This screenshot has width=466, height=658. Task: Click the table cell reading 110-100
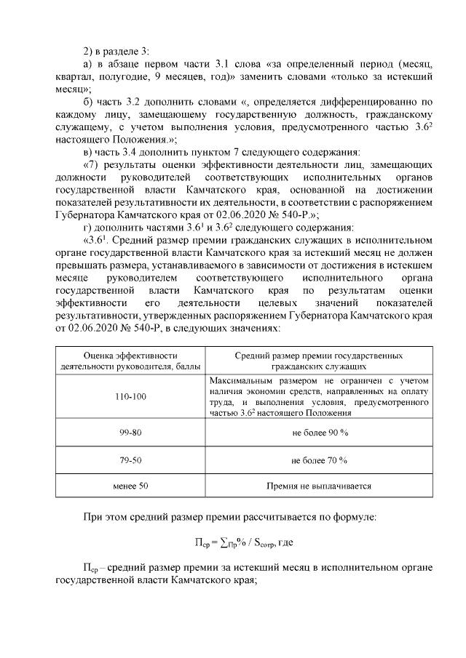(130, 396)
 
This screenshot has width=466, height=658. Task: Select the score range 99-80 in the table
(130, 433)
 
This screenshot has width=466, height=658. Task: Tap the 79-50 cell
(130, 460)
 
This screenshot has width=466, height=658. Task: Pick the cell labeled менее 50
(130, 486)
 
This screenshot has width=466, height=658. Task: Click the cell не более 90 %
(319, 433)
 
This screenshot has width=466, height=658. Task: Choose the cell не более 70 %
(319, 460)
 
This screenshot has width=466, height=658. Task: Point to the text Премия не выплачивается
(319, 486)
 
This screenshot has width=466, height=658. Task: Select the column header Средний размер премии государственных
(319, 356)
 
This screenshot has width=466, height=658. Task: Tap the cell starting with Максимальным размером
(319, 396)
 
